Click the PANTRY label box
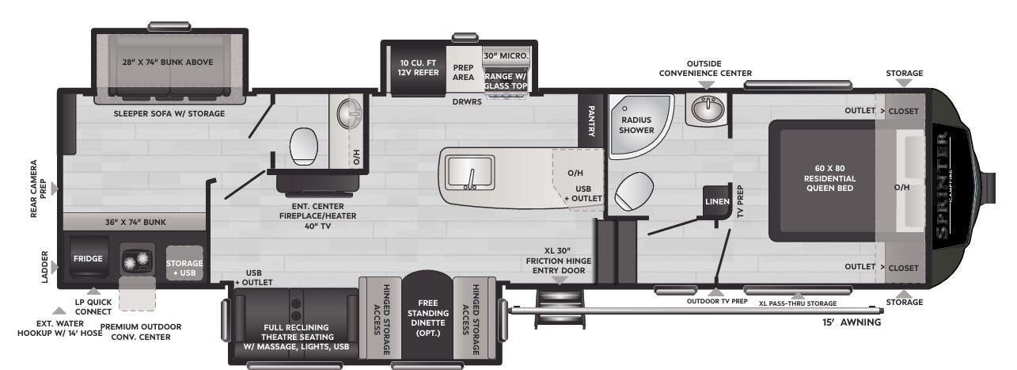[590, 120]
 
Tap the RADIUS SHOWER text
[636, 124]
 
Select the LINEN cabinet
[716, 202]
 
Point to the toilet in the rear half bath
[304, 145]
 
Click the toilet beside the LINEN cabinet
[636, 190]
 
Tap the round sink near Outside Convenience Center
[706, 109]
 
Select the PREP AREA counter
[463, 72]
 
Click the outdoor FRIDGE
[83, 259]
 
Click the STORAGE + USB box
[184, 268]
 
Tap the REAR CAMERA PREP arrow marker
[55, 189]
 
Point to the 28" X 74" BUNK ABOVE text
[167, 62]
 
